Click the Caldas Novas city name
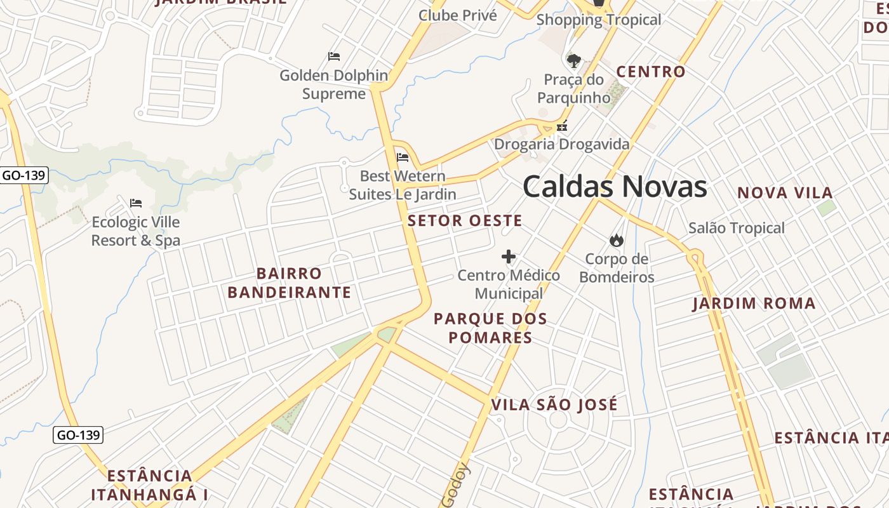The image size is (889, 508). (x=615, y=187)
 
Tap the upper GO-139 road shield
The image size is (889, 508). (x=23, y=175)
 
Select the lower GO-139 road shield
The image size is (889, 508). (x=77, y=435)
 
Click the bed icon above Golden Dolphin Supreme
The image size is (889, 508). (x=334, y=57)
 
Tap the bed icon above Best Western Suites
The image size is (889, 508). (x=402, y=157)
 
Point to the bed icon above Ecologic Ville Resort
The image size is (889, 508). (x=135, y=203)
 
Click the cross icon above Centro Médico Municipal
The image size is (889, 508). (x=509, y=257)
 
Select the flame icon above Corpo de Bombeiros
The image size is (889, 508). (x=616, y=240)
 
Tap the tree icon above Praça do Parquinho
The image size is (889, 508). (x=574, y=62)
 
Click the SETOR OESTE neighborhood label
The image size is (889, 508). (x=465, y=221)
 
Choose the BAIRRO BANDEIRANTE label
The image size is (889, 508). (x=289, y=283)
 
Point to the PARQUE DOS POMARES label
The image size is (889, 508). (x=490, y=328)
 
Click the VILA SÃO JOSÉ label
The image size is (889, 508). (x=554, y=404)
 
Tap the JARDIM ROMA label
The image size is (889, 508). (x=754, y=304)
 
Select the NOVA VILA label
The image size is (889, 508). (x=784, y=193)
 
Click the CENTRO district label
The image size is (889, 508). (x=651, y=72)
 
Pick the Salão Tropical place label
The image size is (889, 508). (x=737, y=228)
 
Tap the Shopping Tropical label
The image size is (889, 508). (x=599, y=20)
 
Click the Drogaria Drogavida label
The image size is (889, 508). (x=562, y=144)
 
